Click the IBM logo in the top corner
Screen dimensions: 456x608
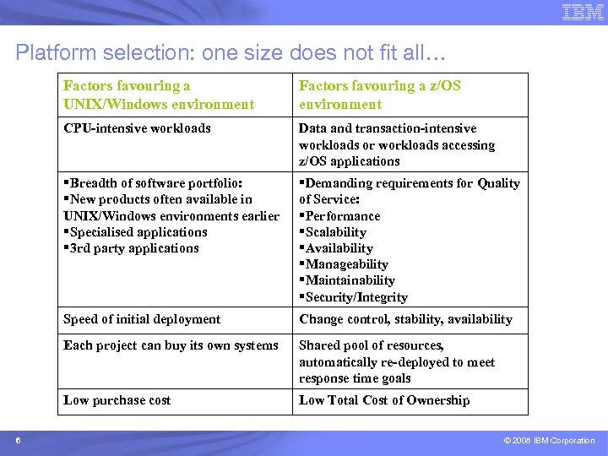pyautogui.click(x=583, y=12)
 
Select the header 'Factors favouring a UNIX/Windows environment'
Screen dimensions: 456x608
pyautogui.click(x=159, y=95)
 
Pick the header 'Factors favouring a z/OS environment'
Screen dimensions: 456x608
pyautogui.click(x=379, y=95)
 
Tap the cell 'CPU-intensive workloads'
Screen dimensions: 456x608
pyautogui.click(x=138, y=128)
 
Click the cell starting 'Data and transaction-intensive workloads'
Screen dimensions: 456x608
pyautogui.click(x=397, y=144)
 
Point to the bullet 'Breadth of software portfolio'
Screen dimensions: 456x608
pyautogui.click(x=155, y=183)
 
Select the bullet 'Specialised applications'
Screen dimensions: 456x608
pyautogui.click(x=138, y=232)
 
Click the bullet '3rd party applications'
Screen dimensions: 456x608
pyautogui.click(x=133, y=248)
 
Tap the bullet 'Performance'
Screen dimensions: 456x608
pyautogui.click(x=342, y=216)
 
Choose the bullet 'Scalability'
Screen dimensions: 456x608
pyautogui.click(x=335, y=232)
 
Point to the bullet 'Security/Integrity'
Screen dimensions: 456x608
pyautogui.click(x=356, y=297)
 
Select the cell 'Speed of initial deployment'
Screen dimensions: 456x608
pyautogui.click(x=142, y=319)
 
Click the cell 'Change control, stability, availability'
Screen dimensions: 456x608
pyautogui.click(x=405, y=319)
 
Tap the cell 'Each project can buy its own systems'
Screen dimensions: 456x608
pyautogui.click(x=171, y=345)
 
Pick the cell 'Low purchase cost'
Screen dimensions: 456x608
pyautogui.click(x=117, y=400)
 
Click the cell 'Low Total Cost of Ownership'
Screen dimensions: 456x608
pyautogui.click(x=384, y=400)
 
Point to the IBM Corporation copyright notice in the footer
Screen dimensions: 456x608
pyautogui.click(x=549, y=441)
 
